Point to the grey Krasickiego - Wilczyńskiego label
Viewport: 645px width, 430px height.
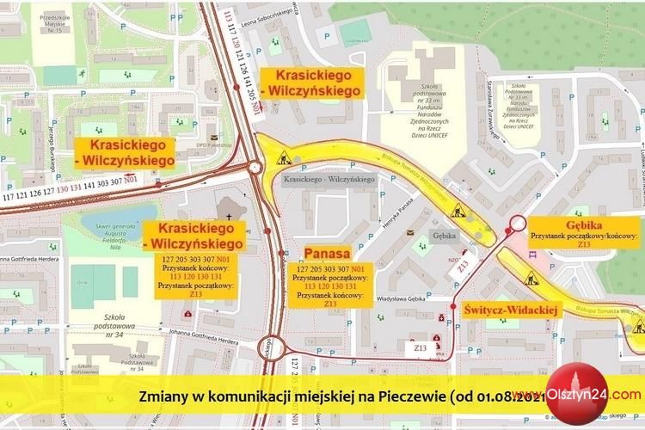point(329,180)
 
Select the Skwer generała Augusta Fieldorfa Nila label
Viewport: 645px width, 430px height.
point(126,230)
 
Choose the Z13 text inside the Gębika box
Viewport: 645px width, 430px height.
point(584,244)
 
